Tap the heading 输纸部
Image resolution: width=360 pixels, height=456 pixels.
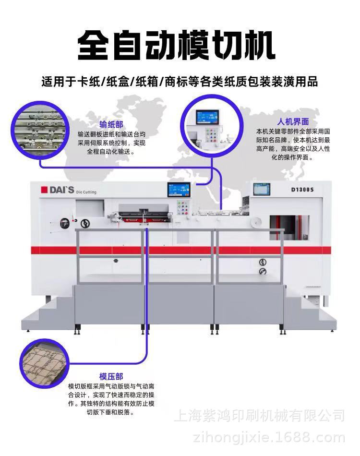[x=111, y=124]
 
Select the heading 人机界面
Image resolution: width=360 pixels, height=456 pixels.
[x=293, y=121]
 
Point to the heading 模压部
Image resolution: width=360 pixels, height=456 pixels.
[x=111, y=377]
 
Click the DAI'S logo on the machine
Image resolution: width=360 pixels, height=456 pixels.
[x=57, y=190]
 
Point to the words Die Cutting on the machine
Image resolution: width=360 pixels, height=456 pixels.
[x=86, y=192]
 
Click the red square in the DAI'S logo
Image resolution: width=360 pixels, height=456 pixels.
[x=43, y=190]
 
